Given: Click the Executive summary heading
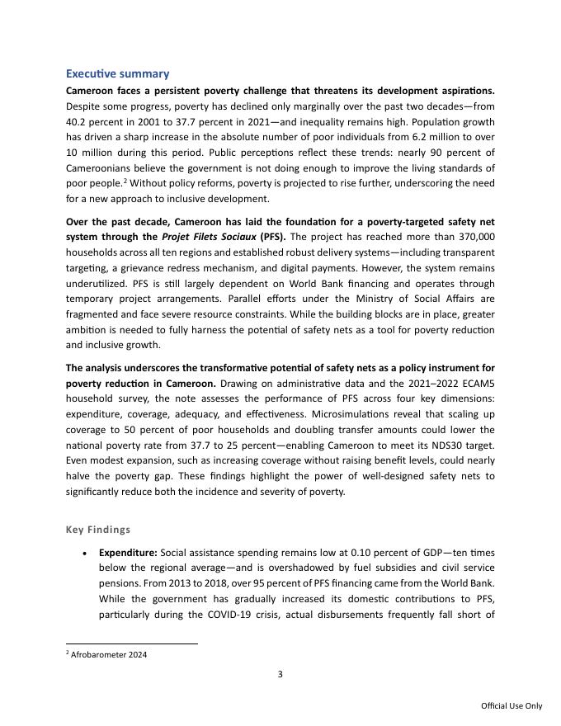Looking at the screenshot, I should click(117, 74).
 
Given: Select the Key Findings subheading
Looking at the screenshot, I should click(97, 530).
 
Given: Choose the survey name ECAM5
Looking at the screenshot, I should click(477, 383).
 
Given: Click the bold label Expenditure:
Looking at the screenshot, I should click(128, 552).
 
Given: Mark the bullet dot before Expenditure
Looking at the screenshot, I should click(85, 553).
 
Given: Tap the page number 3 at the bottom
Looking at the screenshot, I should click(280, 674).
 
